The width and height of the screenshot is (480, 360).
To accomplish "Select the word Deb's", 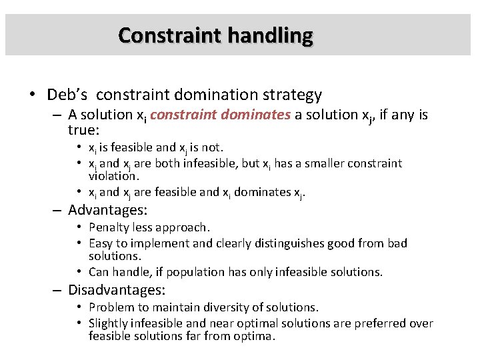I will pos(67,95).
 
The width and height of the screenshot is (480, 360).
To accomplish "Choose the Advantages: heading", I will pos(107,210).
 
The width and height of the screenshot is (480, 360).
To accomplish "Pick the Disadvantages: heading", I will pos(117,290).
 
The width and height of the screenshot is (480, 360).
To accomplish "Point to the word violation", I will pos(113,176).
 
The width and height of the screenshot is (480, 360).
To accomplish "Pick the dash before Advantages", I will pos(58,210).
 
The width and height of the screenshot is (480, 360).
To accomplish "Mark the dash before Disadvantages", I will pos(58,290).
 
